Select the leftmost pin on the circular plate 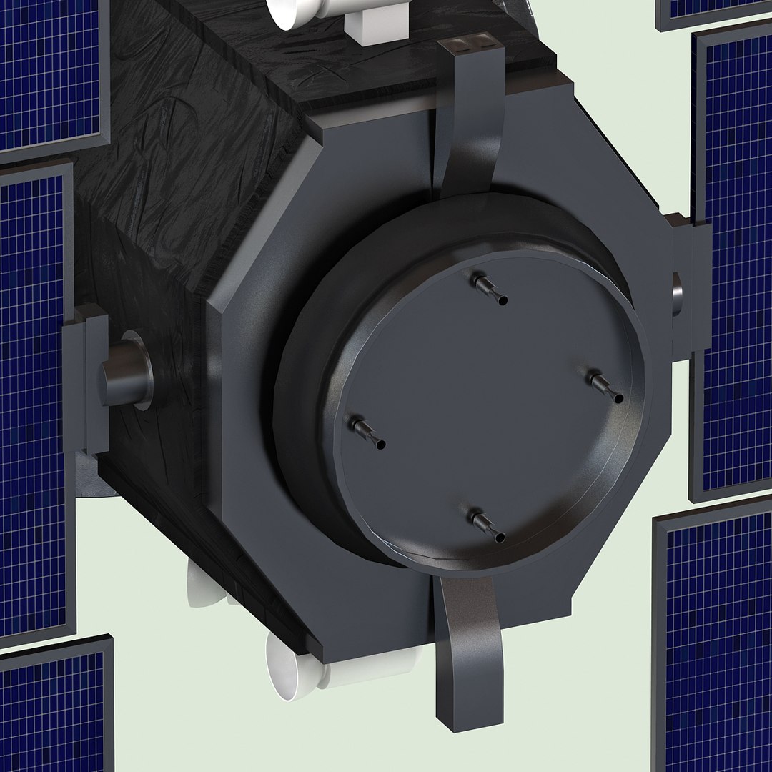click(366, 433)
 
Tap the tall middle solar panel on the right click(736, 264)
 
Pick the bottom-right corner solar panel click(715, 643)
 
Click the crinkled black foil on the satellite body click(179, 143)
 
